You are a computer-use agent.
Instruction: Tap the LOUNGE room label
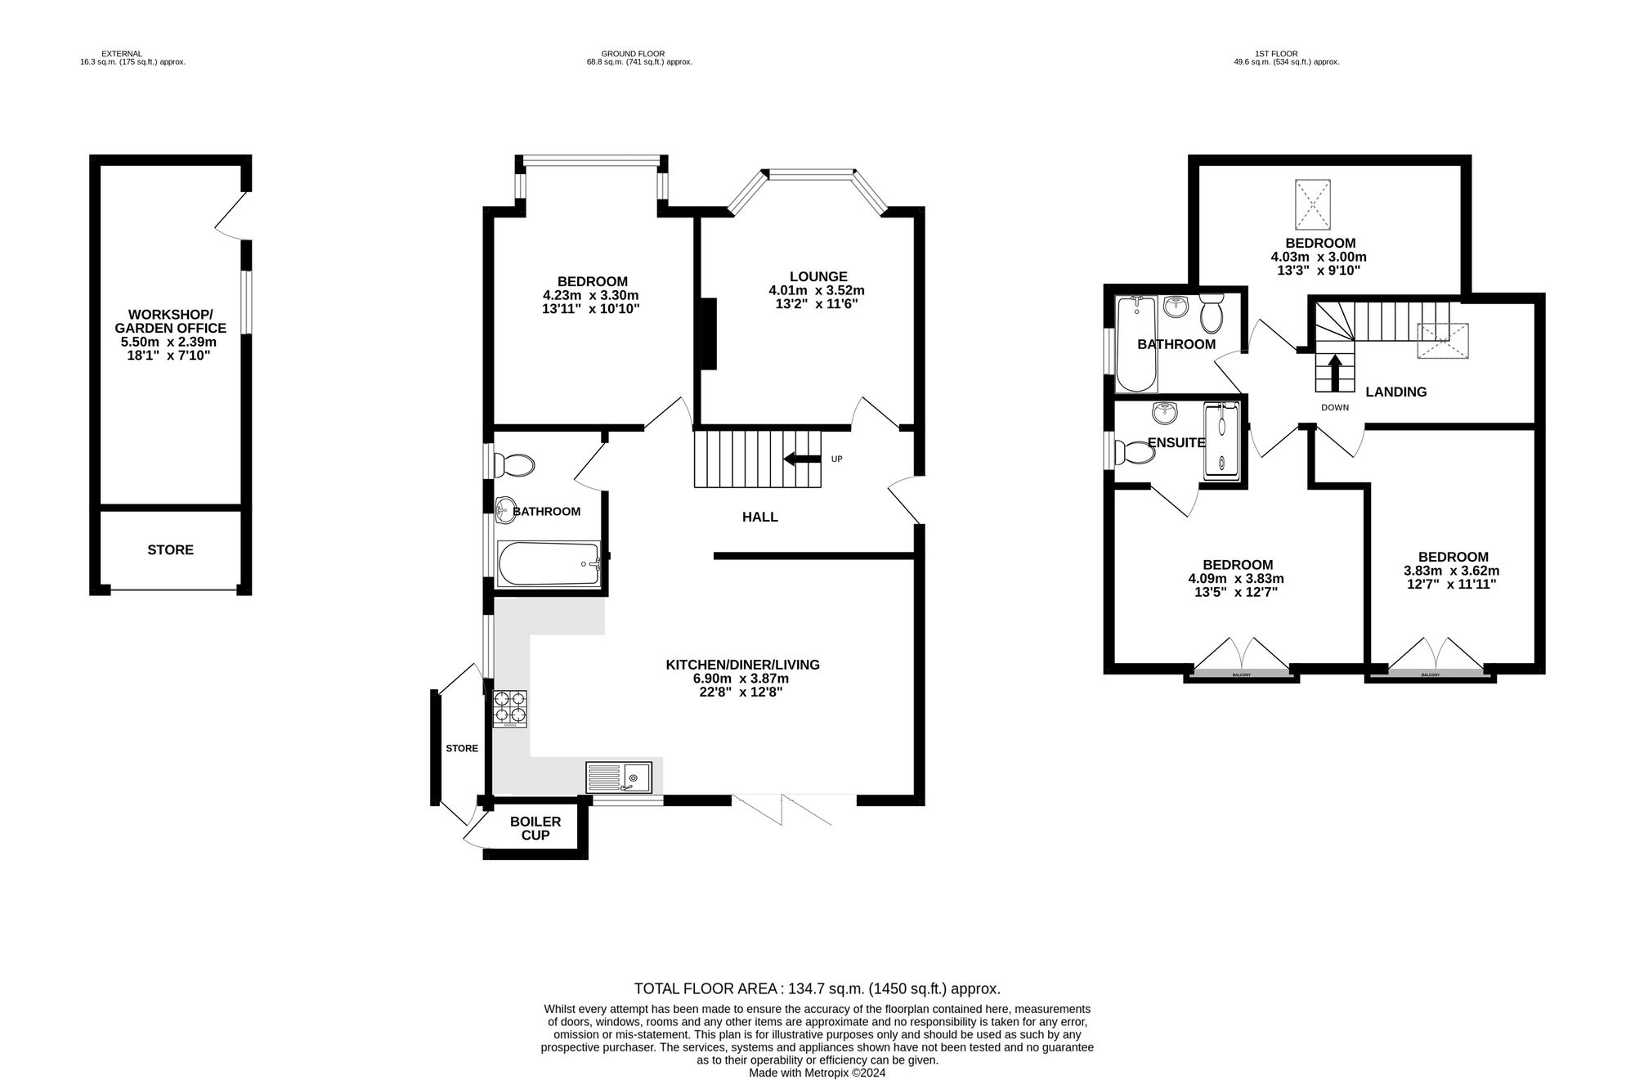(x=817, y=277)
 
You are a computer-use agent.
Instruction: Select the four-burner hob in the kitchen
(x=509, y=709)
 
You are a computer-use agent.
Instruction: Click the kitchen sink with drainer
(x=619, y=777)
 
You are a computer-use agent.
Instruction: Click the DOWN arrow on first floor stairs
(x=1334, y=373)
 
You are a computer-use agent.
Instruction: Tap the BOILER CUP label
(x=535, y=828)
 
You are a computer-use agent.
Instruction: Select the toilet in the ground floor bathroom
(x=515, y=466)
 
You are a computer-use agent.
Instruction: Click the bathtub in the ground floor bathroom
(x=548, y=563)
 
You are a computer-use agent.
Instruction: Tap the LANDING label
(x=1395, y=392)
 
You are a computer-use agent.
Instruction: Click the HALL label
(x=759, y=517)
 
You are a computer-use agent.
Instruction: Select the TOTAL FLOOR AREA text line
(x=817, y=988)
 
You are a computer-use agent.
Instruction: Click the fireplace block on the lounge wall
(x=707, y=334)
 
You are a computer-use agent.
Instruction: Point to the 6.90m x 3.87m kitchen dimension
(x=741, y=679)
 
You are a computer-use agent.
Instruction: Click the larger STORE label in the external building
(x=170, y=550)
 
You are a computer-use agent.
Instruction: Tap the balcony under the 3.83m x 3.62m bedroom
(x=1430, y=674)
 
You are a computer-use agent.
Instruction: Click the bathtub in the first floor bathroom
(x=1136, y=343)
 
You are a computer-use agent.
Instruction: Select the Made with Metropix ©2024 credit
(x=817, y=1073)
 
